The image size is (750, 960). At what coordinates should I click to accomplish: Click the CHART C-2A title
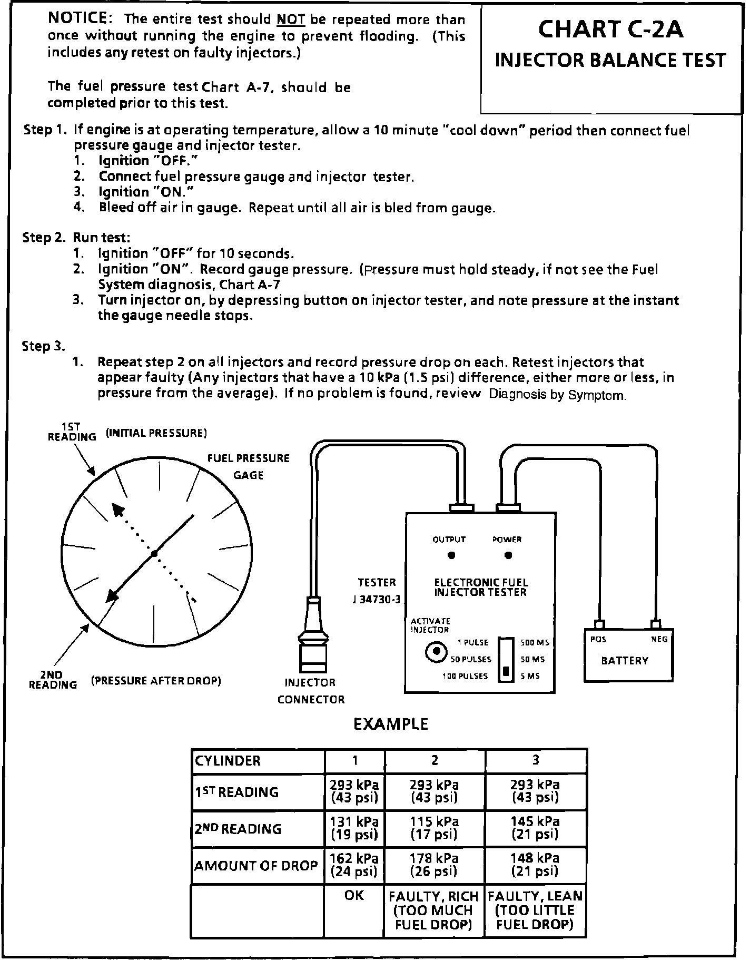pos(610,30)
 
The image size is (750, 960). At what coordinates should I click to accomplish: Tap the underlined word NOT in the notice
pos(291,20)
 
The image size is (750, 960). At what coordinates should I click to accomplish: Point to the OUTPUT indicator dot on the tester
pos(451,555)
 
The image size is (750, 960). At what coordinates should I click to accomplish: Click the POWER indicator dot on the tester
pos(508,555)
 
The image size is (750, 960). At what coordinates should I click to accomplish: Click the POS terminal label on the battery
pos(598,639)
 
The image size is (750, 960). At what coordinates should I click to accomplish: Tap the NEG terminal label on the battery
pos(659,639)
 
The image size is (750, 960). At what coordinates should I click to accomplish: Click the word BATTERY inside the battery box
pos(625,661)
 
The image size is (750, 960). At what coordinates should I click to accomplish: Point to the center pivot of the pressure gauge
pos(154,554)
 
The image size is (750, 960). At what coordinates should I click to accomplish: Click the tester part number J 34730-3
pos(377,600)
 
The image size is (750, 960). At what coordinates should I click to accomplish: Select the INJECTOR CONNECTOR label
pos(311,691)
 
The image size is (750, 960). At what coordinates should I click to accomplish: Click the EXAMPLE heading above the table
pos(390,724)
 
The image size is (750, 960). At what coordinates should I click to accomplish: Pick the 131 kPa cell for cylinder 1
pos(354,828)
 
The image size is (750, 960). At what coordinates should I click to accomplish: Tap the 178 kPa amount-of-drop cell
pos(434,865)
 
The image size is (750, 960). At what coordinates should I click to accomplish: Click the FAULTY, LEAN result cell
pos(535,910)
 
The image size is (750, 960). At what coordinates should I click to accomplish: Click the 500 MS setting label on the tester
pos(535,642)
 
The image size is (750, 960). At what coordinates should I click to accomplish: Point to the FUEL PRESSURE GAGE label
pos(248,466)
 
